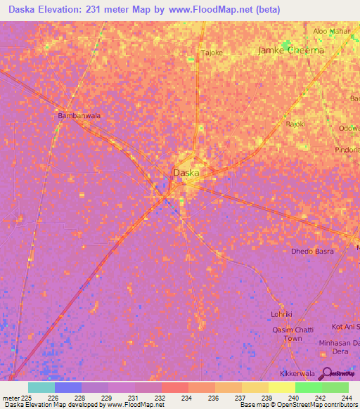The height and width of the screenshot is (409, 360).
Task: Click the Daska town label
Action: coord(186,172)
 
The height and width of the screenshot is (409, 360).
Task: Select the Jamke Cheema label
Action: coord(291,51)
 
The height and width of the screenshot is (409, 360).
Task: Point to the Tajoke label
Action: coord(212,53)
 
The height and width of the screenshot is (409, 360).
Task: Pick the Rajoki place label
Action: coord(295,124)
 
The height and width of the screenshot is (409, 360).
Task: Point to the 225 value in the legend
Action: coord(26,398)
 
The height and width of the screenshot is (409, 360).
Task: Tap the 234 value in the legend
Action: coord(186,398)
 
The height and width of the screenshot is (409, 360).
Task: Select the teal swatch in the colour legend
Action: coord(41,387)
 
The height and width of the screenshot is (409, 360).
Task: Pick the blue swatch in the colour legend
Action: coord(67,387)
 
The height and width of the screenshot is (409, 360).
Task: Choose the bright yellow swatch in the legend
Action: coord(281,387)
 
